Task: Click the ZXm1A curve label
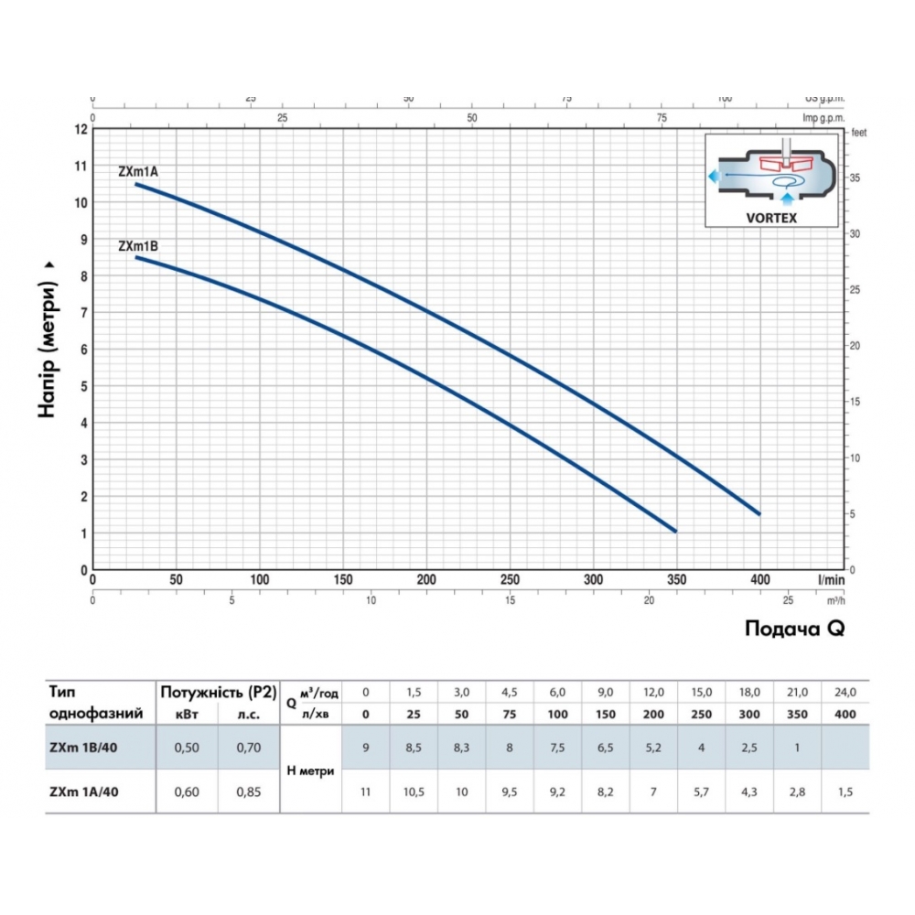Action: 138,171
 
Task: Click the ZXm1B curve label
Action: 138,245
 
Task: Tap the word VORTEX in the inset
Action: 770,218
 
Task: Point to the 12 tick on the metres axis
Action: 82,129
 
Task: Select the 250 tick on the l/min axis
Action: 510,579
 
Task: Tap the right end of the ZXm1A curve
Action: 759,513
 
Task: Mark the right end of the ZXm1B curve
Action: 675,531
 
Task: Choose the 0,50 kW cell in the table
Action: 188,748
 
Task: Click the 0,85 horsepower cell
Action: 247,791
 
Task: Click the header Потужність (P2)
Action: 218,692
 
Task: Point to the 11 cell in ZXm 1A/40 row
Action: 366,791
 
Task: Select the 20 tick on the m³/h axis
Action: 649,600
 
